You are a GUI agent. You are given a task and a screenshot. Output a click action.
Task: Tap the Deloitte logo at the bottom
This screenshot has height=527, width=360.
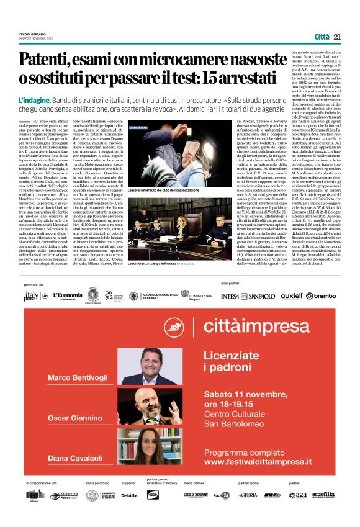[130, 495]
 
